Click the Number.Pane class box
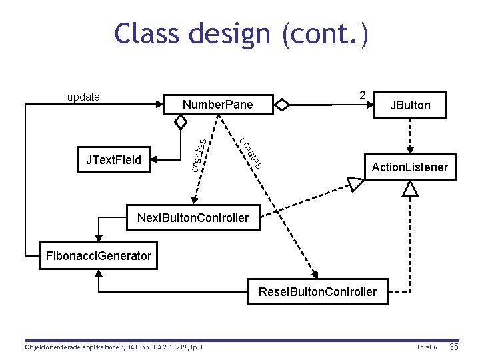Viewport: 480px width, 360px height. (x=218, y=105)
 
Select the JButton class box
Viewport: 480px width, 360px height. (x=410, y=105)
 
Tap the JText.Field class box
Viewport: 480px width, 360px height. (x=113, y=159)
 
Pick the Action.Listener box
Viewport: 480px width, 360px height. (x=409, y=167)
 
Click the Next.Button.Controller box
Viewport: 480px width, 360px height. (x=193, y=217)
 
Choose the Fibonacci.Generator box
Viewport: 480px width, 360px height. (x=98, y=256)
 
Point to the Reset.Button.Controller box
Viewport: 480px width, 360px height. (x=317, y=291)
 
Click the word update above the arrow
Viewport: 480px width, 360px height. (x=83, y=97)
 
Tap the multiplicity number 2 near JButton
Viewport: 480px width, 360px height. (x=362, y=95)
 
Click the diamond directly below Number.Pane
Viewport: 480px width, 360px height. (x=180, y=122)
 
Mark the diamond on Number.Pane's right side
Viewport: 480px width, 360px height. (x=283, y=105)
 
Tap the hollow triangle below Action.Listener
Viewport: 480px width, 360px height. (x=410, y=190)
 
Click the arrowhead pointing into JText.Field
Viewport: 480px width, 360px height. (x=155, y=159)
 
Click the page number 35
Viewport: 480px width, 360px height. (x=454, y=347)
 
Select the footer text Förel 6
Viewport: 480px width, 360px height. (x=426, y=348)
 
